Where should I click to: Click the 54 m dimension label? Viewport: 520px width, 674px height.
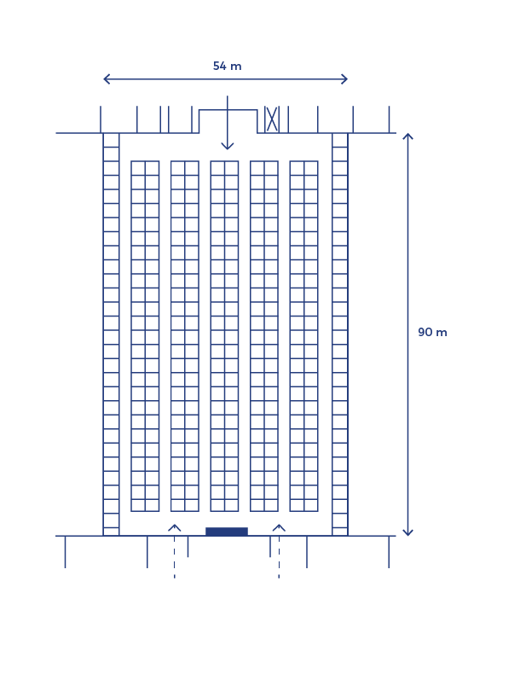[x=227, y=66]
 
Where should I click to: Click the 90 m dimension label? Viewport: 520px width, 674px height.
[x=432, y=332]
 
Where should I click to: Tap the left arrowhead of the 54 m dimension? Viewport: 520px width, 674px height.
[x=106, y=79]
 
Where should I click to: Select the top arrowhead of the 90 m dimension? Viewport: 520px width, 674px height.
[x=407, y=137]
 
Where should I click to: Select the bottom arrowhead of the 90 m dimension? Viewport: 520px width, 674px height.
[x=407, y=532]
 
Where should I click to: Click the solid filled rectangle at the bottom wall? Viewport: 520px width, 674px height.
[x=227, y=532]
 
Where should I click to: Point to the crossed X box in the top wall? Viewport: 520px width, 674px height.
[x=272, y=119]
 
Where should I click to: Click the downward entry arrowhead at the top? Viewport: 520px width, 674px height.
[x=228, y=147]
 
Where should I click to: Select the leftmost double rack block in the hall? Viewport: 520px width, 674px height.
[x=145, y=335]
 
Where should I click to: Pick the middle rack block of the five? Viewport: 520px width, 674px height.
[x=224, y=335]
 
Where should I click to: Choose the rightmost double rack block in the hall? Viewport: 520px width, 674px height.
[x=303, y=335]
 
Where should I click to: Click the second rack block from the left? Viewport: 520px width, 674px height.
[x=185, y=335]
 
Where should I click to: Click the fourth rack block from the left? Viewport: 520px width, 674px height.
[x=264, y=335]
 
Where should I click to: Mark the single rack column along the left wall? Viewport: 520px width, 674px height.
[x=111, y=334]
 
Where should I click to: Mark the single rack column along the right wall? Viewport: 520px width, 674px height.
[x=340, y=334]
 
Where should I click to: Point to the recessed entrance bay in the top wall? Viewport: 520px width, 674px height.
[x=228, y=121]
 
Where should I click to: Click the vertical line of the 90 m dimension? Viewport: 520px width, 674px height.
[x=407, y=256]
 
